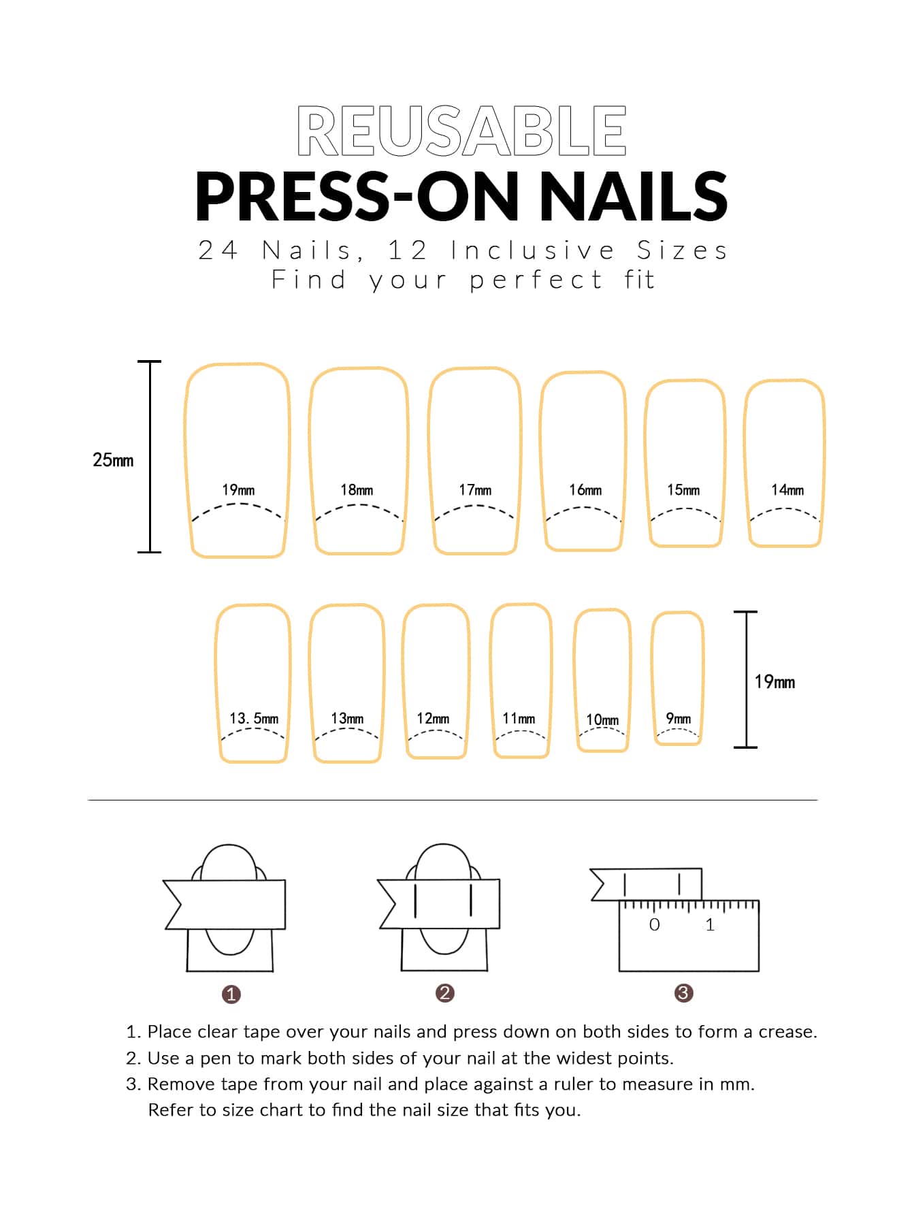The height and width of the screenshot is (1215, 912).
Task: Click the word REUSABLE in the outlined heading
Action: pyautogui.click(x=461, y=131)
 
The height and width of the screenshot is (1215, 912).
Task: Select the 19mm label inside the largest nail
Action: pyautogui.click(x=238, y=489)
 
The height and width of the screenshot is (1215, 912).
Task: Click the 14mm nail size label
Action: pyautogui.click(x=787, y=489)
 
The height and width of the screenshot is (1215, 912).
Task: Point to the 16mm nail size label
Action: pyautogui.click(x=585, y=489)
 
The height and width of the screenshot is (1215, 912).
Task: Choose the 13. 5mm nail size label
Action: pyautogui.click(x=254, y=718)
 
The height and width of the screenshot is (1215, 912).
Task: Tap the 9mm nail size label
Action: pyautogui.click(x=678, y=718)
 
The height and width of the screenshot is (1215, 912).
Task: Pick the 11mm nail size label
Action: pyautogui.click(x=519, y=718)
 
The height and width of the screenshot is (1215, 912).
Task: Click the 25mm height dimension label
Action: pyautogui.click(x=113, y=460)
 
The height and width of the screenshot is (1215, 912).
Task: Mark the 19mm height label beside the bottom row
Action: pyautogui.click(x=775, y=681)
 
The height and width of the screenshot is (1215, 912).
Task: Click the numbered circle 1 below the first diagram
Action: pyautogui.click(x=231, y=994)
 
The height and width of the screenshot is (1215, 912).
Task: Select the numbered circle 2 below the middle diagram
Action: pyautogui.click(x=445, y=993)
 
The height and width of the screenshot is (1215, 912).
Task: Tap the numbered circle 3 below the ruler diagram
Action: pyautogui.click(x=683, y=993)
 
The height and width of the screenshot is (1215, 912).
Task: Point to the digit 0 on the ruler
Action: pyautogui.click(x=655, y=924)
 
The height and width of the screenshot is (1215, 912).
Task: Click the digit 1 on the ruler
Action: pyautogui.click(x=710, y=924)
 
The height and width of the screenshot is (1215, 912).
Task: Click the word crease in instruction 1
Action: pyautogui.click(x=788, y=1032)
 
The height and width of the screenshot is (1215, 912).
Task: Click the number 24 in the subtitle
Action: pyautogui.click(x=218, y=250)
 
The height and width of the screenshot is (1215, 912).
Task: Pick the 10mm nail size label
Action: pyautogui.click(x=602, y=719)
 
